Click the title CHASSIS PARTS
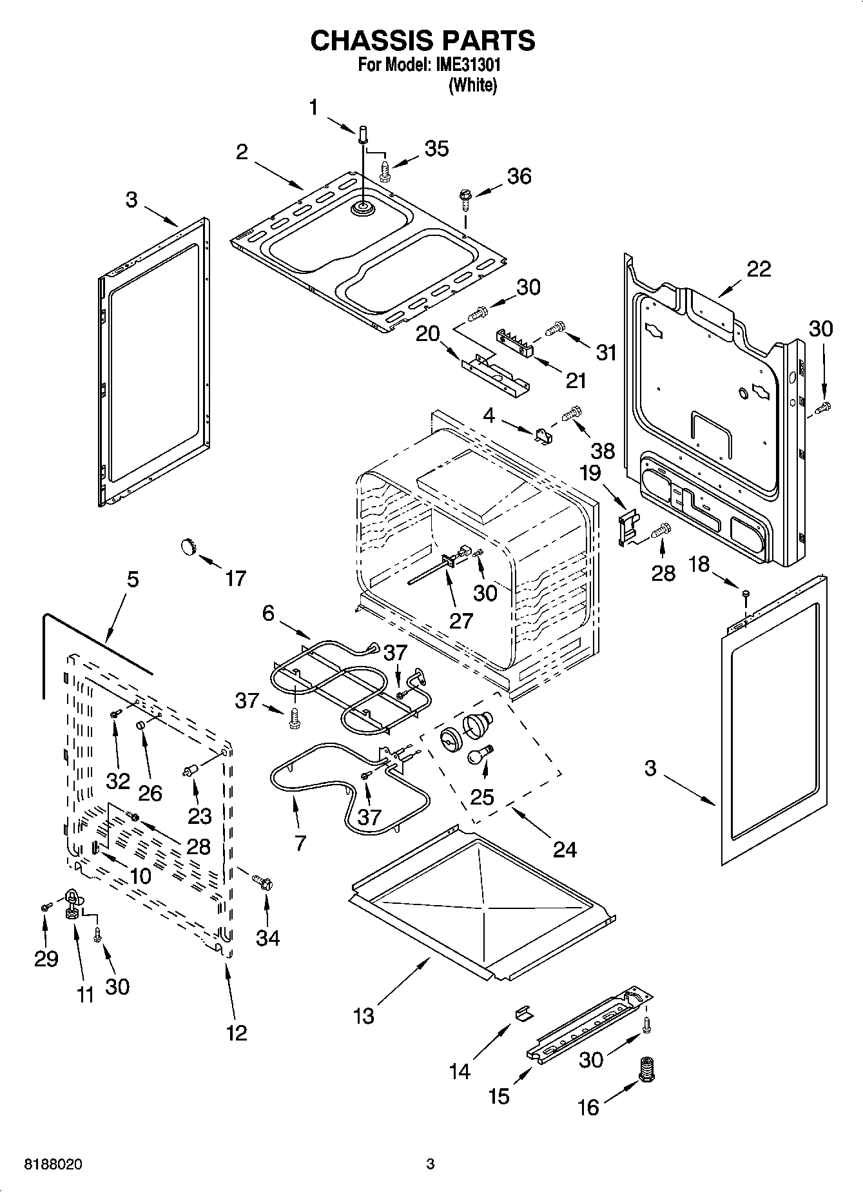click(423, 40)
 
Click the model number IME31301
click(467, 65)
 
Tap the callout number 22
click(759, 269)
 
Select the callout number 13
click(364, 1016)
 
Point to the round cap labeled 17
click(187, 546)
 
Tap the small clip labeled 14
click(523, 1012)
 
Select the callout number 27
click(461, 620)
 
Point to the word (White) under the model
click(472, 85)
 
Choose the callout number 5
click(132, 579)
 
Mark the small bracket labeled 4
click(543, 436)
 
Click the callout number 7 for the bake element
click(300, 843)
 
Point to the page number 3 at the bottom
click(431, 1164)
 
